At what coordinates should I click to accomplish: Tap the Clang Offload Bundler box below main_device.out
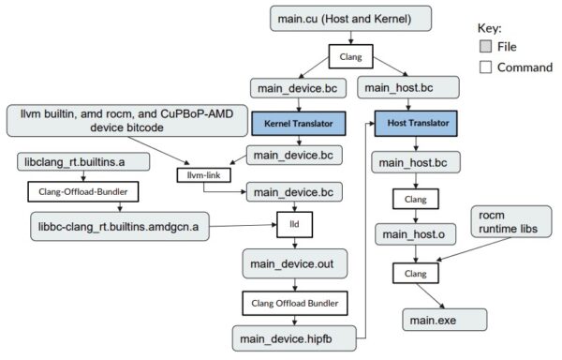[x=296, y=304]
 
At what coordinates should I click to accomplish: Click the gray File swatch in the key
[x=485, y=45]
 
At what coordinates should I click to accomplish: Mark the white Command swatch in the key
[x=485, y=67]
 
